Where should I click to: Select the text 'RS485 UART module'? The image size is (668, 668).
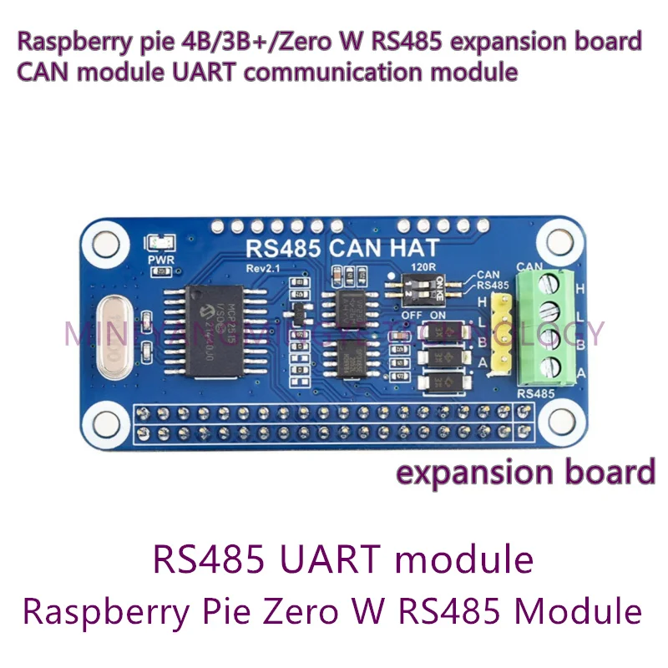(x=343, y=559)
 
